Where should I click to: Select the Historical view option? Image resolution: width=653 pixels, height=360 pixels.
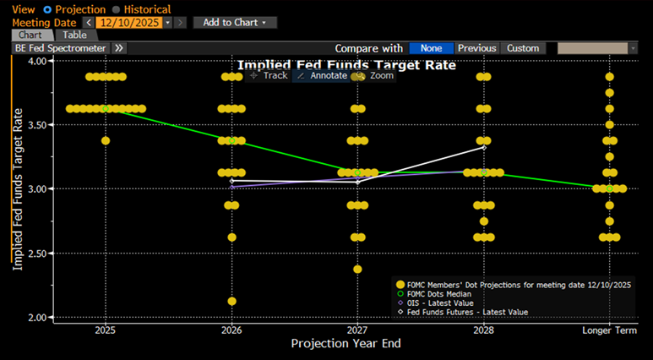click(x=115, y=8)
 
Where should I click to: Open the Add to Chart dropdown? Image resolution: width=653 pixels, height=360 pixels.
click(x=234, y=22)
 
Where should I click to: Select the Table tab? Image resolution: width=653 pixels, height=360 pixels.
click(x=74, y=35)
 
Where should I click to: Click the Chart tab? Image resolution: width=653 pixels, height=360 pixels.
click(x=33, y=35)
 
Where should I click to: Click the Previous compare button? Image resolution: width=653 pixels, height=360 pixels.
click(x=477, y=48)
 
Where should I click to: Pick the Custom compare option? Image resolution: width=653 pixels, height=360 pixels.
click(x=523, y=48)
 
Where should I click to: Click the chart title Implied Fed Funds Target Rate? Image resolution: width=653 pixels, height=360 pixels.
click(x=346, y=64)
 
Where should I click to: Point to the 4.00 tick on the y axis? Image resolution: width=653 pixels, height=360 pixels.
click(x=36, y=61)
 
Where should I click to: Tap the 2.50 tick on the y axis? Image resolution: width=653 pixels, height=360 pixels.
click(x=36, y=253)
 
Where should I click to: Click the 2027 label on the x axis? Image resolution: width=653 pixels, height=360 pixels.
click(x=357, y=330)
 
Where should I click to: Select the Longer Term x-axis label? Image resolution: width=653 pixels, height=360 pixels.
click(x=609, y=330)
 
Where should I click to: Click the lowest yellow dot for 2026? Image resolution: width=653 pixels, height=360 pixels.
click(x=231, y=301)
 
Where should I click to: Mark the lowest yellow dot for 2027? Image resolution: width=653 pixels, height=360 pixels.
click(x=357, y=269)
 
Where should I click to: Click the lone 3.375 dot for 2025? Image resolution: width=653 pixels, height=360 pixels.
click(x=106, y=140)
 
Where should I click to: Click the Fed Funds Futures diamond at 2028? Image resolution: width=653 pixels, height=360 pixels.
click(x=483, y=147)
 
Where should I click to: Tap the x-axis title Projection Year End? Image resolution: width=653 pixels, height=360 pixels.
click(x=347, y=344)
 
